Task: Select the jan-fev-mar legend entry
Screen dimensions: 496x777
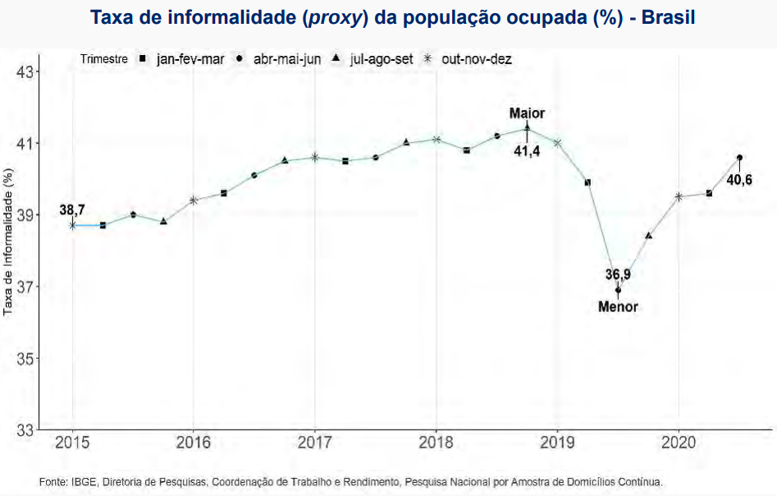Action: [182, 59]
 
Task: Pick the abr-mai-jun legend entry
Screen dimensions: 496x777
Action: [280, 59]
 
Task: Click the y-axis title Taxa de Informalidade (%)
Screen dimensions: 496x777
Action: [9, 243]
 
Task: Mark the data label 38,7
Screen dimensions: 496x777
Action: [72, 211]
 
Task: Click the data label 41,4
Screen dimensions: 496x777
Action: [527, 151]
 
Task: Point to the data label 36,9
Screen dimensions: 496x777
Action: [619, 274]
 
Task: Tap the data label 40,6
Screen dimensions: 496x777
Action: [739, 180]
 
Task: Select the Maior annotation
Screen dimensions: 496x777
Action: [527, 113]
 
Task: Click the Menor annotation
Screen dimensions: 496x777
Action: [618, 307]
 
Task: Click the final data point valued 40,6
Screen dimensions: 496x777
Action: [740, 158]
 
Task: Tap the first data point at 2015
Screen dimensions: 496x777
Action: [72, 225]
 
